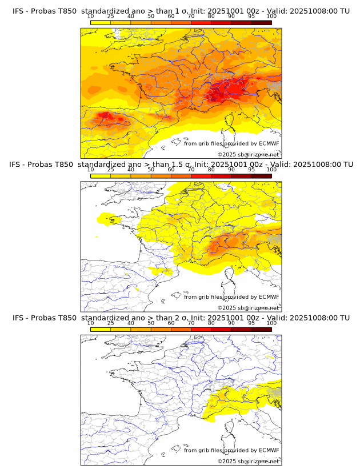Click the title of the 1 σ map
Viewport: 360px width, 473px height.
coord(181,11)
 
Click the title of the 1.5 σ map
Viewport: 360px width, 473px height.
coord(181,164)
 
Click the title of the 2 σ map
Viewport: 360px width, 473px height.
coord(181,317)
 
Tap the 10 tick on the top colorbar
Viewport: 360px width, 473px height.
coord(91,17)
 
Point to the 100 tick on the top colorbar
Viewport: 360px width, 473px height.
coord(271,17)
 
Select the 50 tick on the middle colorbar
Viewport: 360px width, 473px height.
coord(151,170)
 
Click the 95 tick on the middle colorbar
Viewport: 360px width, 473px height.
coord(251,170)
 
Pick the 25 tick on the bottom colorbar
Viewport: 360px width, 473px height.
coord(111,323)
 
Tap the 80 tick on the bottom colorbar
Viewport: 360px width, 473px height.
coord(211,323)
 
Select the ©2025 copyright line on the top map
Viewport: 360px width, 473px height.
coord(249,154)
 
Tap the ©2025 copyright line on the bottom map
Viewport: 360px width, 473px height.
coord(249,461)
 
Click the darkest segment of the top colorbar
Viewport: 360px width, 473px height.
coord(261,22)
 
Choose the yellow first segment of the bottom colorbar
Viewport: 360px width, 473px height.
coord(101,329)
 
